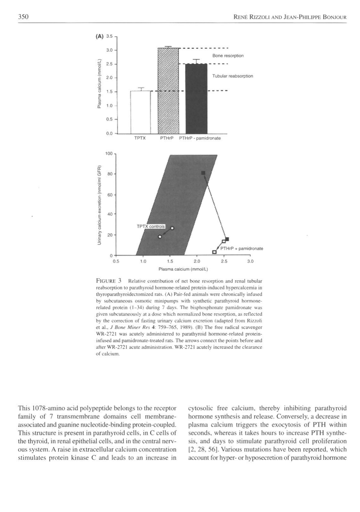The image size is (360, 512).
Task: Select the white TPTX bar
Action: [140, 112]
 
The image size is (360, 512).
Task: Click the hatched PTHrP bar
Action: [168, 92]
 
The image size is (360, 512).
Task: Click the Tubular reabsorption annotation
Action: [233, 76]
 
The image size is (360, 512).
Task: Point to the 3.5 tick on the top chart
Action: [109, 36]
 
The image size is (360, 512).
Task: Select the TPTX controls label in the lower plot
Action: [151, 226]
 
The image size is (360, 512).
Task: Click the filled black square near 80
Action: [203, 173]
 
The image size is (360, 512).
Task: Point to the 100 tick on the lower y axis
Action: [109, 154]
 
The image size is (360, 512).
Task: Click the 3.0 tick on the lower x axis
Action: [250, 262]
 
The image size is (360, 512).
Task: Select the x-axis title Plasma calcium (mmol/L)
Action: [183, 269]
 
